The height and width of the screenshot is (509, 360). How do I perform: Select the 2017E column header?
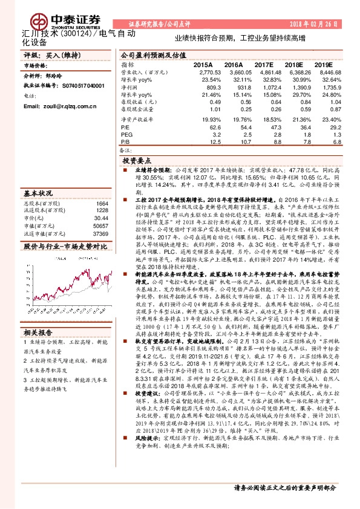(x=264, y=63)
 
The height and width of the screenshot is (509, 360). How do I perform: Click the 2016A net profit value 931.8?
(x=233, y=87)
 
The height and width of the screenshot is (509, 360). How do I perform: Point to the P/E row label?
(x=125, y=128)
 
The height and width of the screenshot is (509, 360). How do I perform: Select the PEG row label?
(x=126, y=135)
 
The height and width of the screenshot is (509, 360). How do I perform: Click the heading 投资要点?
(x=136, y=162)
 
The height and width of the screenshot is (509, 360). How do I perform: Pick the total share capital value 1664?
(x=102, y=204)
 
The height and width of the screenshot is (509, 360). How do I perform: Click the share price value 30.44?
(x=101, y=218)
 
